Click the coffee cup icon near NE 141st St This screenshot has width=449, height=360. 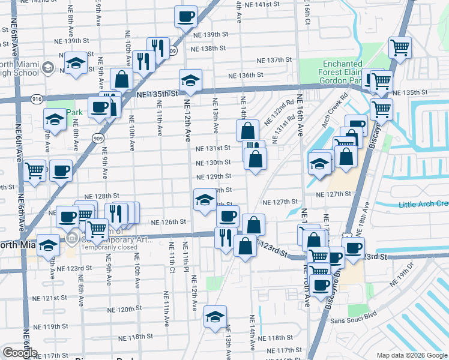185,16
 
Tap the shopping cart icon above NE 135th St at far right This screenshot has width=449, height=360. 399,47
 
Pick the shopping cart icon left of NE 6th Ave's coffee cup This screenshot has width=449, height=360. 35,170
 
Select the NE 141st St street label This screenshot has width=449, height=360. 259,4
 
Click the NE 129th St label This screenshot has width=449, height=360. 214,176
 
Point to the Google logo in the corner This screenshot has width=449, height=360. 19,353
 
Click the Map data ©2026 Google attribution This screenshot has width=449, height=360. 412,355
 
